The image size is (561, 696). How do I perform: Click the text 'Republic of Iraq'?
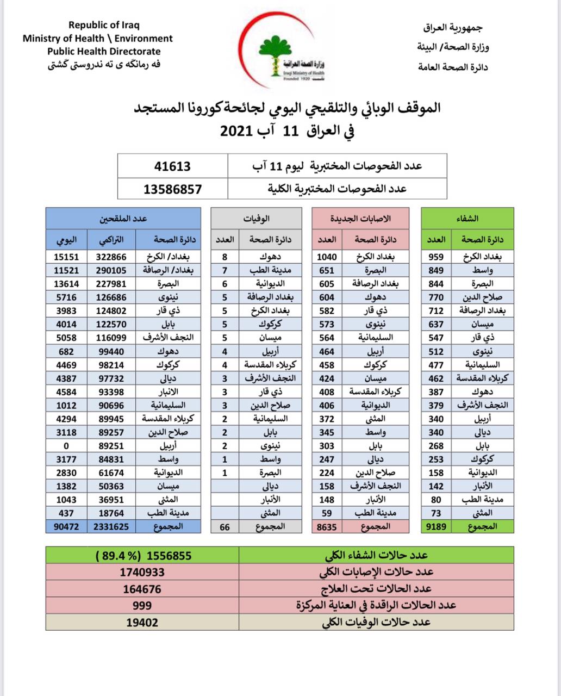tap(104, 25)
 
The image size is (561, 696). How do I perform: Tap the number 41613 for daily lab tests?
tap(172, 166)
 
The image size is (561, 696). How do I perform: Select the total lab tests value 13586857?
tap(172, 189)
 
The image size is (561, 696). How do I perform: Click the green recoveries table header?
tap(467, 219)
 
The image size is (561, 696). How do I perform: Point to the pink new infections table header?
tap(360, 219)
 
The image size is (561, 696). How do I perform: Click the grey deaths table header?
tap(256, 219)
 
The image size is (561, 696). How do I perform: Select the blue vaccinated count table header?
tap(123, 219)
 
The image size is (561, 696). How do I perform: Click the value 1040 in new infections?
tap(327, 257)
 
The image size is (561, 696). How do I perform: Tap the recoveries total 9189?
tap(435, 526)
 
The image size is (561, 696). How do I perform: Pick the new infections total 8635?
tap(327, 526)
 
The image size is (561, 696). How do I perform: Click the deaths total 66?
tap(225, 526)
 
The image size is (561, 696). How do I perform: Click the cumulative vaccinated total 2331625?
tap(111, 526)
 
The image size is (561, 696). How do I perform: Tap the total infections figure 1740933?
tap(142, 571)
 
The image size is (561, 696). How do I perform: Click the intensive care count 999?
tap(142, 605)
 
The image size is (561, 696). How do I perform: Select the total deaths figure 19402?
tap(142, 622)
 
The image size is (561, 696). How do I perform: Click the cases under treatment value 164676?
tap(142, 588)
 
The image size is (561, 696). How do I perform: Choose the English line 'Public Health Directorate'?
tap(104, 52)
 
